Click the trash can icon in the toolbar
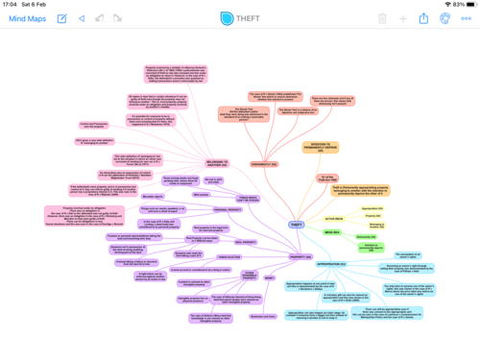pyautogui.click(x=382, y=18)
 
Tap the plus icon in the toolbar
pyautogui.click(x=403, y=18)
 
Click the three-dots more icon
pyautogui.click(x=466, y=18)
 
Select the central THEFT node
pyautogui.click(x=296, y=225)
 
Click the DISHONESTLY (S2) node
pyautogui.click(x=263, y=164)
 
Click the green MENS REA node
pyautogui.click(x=332, y=231)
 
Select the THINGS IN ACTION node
pyautogui.click(x=228, y=257)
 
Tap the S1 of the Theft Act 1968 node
pyautogui.click(x=328, y=179)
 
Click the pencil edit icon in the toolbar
pyautogui.click(x=61, y=18)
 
